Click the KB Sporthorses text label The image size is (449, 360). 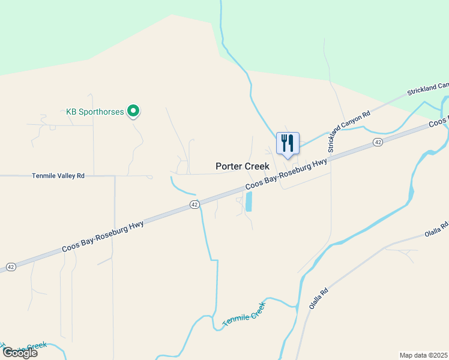95,112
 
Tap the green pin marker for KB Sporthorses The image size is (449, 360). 134,112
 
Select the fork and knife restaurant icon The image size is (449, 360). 288,143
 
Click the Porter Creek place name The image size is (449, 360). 243,166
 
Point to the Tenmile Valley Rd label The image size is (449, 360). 58,176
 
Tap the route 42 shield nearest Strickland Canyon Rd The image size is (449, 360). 377,142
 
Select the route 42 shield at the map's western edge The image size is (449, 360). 10,266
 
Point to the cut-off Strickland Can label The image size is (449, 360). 427,89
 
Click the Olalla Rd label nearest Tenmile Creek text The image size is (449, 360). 319,298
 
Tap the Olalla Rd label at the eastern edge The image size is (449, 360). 436,230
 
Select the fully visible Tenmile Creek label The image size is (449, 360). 244,314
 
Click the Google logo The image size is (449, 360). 20,353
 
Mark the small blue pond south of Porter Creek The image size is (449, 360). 249,202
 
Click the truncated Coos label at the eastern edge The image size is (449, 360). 438,122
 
